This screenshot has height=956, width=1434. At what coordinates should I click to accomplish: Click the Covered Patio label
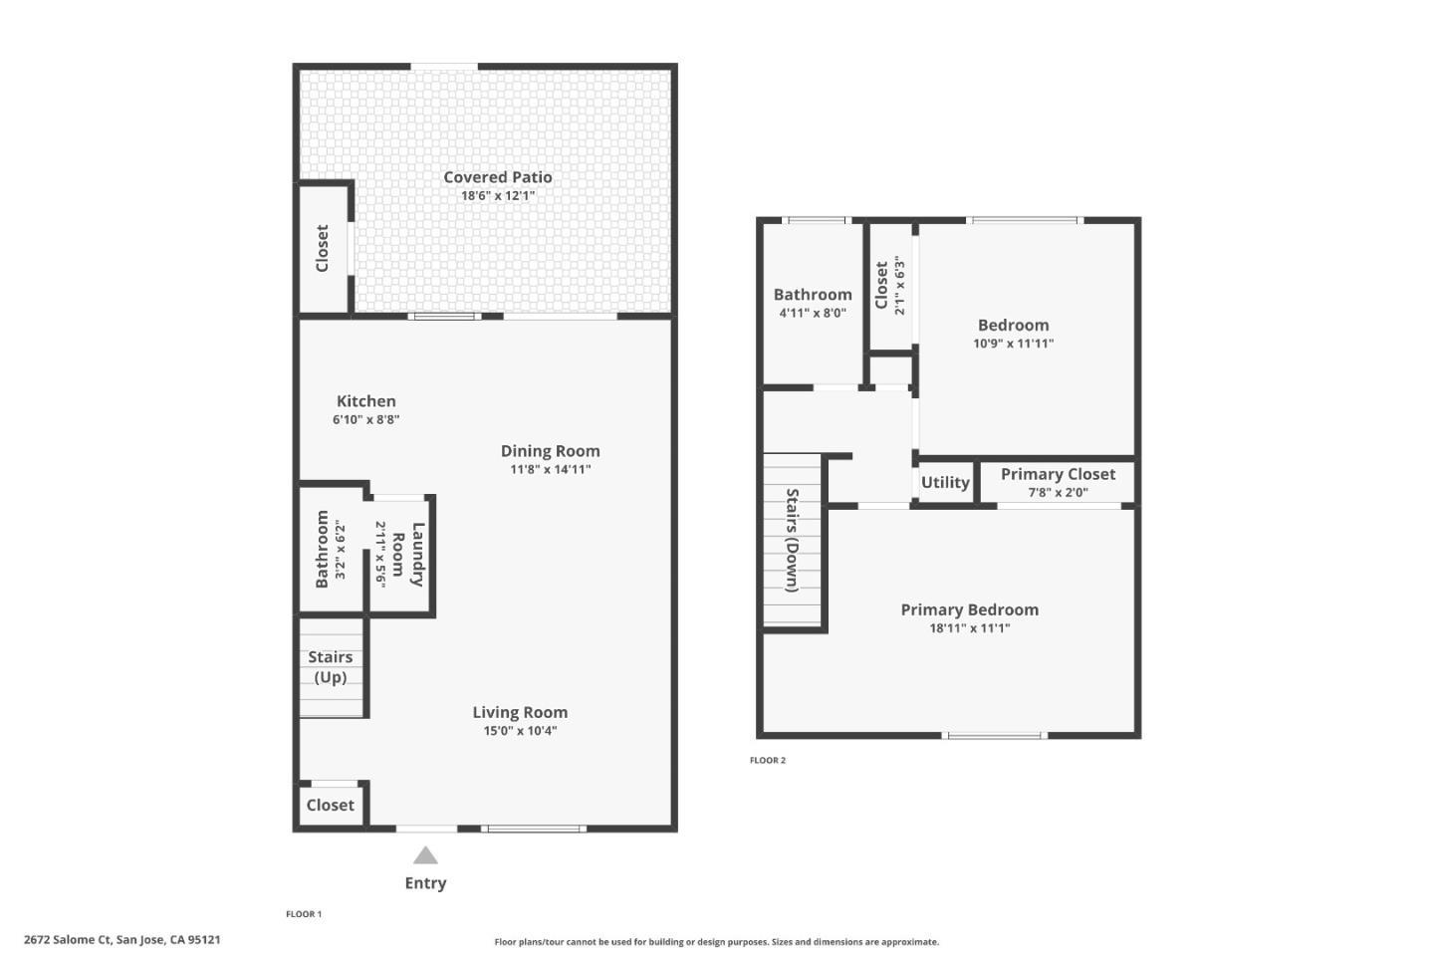coord(497,177)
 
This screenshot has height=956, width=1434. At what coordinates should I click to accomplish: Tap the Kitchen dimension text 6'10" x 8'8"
coord(365,420)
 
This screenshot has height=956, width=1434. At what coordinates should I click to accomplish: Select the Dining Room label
coord(550,451)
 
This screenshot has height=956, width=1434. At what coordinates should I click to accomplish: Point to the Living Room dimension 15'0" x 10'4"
coord(520,731)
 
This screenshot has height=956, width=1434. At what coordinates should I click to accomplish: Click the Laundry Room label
coord(407,554)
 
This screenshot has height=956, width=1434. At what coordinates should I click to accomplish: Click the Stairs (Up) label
coord(330,667)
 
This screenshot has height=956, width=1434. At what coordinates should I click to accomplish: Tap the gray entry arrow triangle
coord(425,855)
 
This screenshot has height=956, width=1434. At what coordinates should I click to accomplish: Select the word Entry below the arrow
coord(425,883)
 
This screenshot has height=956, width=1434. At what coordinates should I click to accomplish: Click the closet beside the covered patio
coord(322,248)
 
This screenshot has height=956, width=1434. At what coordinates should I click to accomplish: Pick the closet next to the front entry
coord(330,805)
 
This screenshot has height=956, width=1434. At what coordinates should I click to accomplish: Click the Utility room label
coord(944,483)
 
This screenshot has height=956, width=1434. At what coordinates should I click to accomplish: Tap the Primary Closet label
coord(1058,475)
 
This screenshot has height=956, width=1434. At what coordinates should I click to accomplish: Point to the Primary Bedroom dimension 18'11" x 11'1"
coord(969,628)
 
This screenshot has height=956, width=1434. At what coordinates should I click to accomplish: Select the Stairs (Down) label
coord(793,540)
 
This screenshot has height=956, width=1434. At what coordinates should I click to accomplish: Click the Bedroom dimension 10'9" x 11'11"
coord(1013,344)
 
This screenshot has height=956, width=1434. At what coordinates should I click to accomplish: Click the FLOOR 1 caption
coord(304,914)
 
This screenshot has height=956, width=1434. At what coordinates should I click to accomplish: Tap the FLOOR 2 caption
coord(768,761)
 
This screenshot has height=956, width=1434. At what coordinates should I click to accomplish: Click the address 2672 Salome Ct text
coord(121,939)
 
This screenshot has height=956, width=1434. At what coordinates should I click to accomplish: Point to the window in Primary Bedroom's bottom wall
coord(994,736)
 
